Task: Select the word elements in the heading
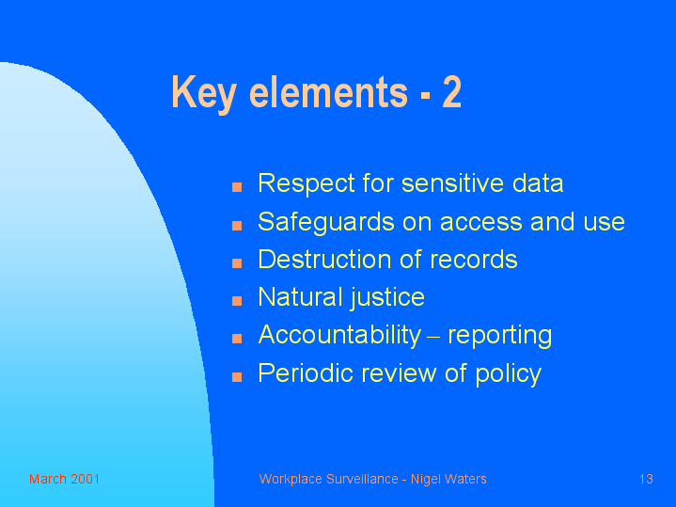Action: (328, 91)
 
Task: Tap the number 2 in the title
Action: (452, 91)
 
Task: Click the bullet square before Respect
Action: (237, 187)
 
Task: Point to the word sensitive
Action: (452, 182)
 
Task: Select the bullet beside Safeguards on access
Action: (237, 225)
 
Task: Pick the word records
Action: (473, 260)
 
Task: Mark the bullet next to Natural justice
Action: (237, 301)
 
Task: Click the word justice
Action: (387, 298)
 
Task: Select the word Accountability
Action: (339, 336)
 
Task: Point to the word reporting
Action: (499, 337)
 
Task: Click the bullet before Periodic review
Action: (237, 377)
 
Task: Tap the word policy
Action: (509, 374)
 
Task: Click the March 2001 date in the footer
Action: (64, 479)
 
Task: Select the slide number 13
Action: (646, 479)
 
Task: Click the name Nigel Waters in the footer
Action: (448, 479)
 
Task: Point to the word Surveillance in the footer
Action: (362, 479)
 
